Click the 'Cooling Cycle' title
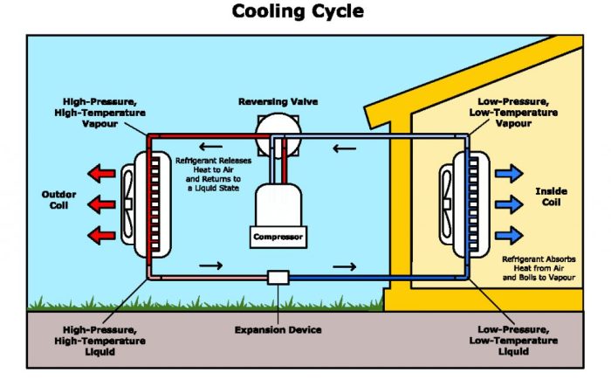pyautogui.click(x=298, y=12)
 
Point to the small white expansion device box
pyautogui.click(x=278, y=277)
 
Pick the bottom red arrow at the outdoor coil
pyautogui.click(x=102, y=234)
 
